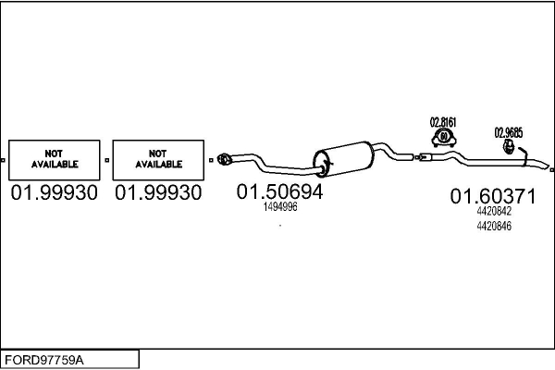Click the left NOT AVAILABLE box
coord(55,159)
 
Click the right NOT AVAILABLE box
coord(158,159)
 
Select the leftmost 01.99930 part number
coord(55,193)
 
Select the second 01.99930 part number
coord(158,193)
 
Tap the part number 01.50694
coord(280,192)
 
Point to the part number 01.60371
coord(493,196)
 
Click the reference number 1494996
coord(280,207)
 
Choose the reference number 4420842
coord(493,211)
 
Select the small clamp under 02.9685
coord(509,146)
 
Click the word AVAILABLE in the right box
coord(158,165)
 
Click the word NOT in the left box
coord(55,154)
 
